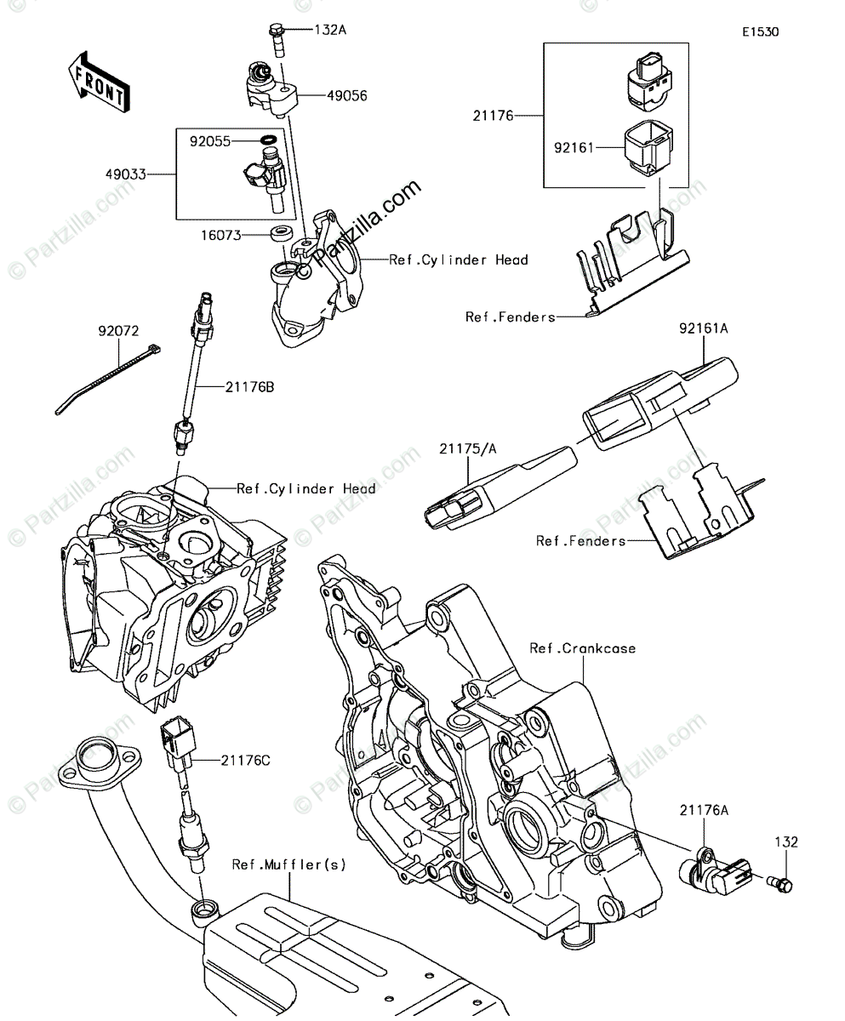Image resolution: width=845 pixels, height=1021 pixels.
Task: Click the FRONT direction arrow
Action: point(100,83)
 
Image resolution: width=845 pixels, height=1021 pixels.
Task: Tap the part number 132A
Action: point(330,31)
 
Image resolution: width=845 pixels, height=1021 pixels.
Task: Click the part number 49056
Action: point(346,96)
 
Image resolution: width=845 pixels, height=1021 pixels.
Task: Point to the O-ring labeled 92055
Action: point(268,140)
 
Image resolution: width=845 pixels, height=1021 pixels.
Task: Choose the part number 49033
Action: point(126,174)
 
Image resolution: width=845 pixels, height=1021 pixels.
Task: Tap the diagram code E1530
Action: point(761,32)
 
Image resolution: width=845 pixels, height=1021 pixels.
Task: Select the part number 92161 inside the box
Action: point(574,148)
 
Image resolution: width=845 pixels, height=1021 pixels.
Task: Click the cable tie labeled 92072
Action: point(108,379)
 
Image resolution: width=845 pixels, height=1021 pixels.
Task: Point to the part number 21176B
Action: point(249,388)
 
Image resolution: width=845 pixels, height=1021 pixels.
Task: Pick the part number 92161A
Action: point(703,329)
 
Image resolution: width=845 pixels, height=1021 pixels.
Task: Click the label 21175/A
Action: point(467,449)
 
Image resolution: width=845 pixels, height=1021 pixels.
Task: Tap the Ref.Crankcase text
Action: point(582,649)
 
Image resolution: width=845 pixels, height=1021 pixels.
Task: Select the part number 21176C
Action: point(245,761)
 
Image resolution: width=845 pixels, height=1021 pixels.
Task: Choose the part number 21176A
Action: point(704,811)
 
